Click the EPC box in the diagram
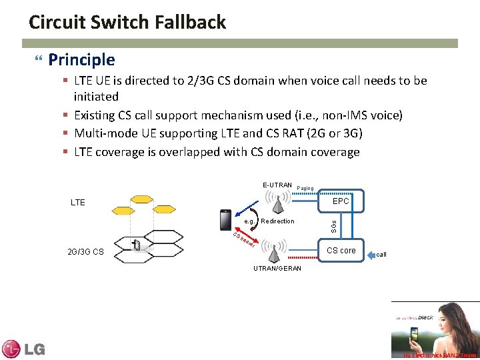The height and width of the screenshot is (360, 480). coord(341,200)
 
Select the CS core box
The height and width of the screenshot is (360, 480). coord(341,250)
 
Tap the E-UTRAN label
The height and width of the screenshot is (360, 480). coord(277,185)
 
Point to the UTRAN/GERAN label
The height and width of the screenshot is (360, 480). coord(277,268)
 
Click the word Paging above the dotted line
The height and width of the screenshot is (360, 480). coord(305,188)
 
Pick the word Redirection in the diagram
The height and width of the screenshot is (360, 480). coord(277,221)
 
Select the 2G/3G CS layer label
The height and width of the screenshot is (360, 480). coord(86,252)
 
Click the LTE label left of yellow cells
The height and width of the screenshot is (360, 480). coord(78,202)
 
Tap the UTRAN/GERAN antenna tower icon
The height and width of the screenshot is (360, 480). coord(274,253)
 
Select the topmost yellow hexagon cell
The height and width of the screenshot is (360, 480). coord(141,199)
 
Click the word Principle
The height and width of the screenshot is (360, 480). coord(81,60)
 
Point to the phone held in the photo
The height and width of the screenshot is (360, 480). coord(414,334)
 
